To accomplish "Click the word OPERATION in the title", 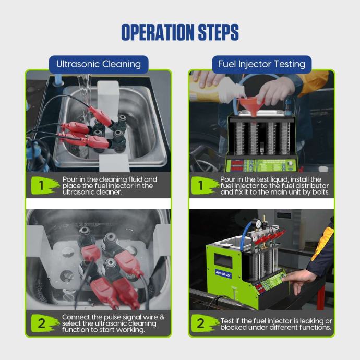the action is click(x=159, y=32).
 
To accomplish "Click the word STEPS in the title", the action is click(x=218, y=32).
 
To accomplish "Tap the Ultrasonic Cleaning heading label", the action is click(x=99, y=64).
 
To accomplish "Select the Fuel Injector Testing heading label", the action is click(x=261, y=64).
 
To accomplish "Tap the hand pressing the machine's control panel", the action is click(x=298, y=281).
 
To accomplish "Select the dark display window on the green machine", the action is click(x=223, y=260).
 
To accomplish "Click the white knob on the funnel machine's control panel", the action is click(x=291, y=163).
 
